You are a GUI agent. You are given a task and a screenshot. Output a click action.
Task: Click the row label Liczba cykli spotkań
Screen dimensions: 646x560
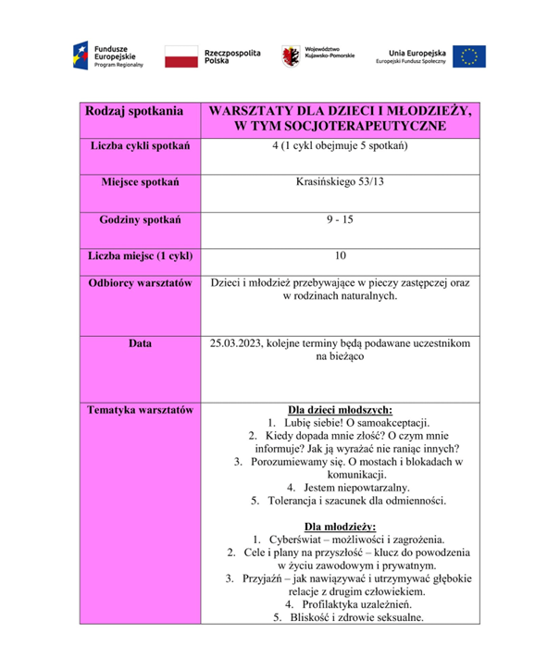[141, 146]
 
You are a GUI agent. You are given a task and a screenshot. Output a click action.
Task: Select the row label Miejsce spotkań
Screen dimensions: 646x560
[141, 181]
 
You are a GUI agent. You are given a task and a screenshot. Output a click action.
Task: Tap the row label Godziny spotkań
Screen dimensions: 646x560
[141, 219]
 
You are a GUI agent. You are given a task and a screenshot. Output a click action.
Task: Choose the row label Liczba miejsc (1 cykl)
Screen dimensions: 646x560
[141, 255]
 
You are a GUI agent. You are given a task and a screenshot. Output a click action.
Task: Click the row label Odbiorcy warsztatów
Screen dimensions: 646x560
[141, 281]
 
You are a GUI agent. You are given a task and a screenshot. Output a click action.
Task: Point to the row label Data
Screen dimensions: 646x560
[141, 343]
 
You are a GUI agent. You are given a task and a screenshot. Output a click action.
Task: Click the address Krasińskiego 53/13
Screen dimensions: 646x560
[340, 181]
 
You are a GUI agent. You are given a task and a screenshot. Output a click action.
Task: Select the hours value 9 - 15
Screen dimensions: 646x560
[340, 219]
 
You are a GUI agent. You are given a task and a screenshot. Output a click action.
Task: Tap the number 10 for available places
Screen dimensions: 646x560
[340, 255]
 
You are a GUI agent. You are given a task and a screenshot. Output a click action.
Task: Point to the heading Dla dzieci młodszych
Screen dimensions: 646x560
[340, 408]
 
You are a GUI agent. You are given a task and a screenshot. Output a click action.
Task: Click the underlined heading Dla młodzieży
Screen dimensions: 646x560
[340, 526]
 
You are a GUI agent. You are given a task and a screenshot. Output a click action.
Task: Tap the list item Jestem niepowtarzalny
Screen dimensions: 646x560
[348, 486]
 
